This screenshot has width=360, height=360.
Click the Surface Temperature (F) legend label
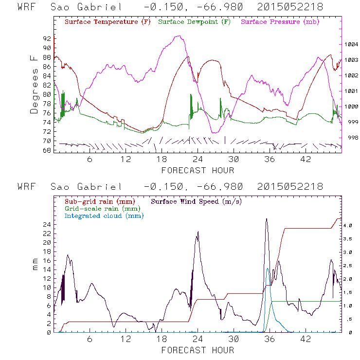[108, 22]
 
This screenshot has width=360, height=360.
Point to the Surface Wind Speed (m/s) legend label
[197, 201]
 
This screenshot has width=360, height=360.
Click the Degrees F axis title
[34, 84]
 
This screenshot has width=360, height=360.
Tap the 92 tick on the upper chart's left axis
[47, 38]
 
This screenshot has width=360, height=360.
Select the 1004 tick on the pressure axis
[352, 44]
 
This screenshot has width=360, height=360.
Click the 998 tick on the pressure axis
[352, 138]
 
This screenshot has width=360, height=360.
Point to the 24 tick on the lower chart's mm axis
[47, 225]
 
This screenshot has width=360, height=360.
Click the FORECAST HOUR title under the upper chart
[198, 170]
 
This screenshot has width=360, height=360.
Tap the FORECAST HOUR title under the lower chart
[198, 350]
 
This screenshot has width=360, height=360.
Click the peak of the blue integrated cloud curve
[267, 269]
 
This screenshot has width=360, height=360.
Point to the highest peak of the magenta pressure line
[180, 36]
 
